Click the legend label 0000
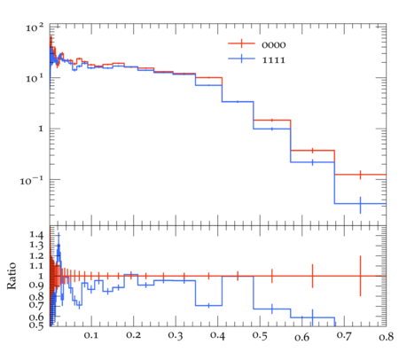pos(274,45)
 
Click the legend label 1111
pos(274,60)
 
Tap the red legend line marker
pos(241,43)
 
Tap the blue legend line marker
pos(241,59)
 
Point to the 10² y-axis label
pos(35,28)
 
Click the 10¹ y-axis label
pos(35,79)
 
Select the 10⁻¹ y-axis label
pos(32,180)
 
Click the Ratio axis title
pos(12,276)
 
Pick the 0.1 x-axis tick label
pos(90,335)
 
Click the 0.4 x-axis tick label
pos(217,336)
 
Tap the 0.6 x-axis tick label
pos(301,337)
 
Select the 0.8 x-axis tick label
pos(386,337)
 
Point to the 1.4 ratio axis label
pos(36,235)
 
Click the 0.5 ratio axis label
pos(36,325)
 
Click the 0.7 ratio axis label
pos(36,304)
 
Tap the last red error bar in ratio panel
pos(360,276)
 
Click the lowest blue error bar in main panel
pos(360,205)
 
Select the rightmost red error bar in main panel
pos(360,175)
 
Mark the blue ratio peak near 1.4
pos(59,236)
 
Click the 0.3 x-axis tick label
pos(176,336)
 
